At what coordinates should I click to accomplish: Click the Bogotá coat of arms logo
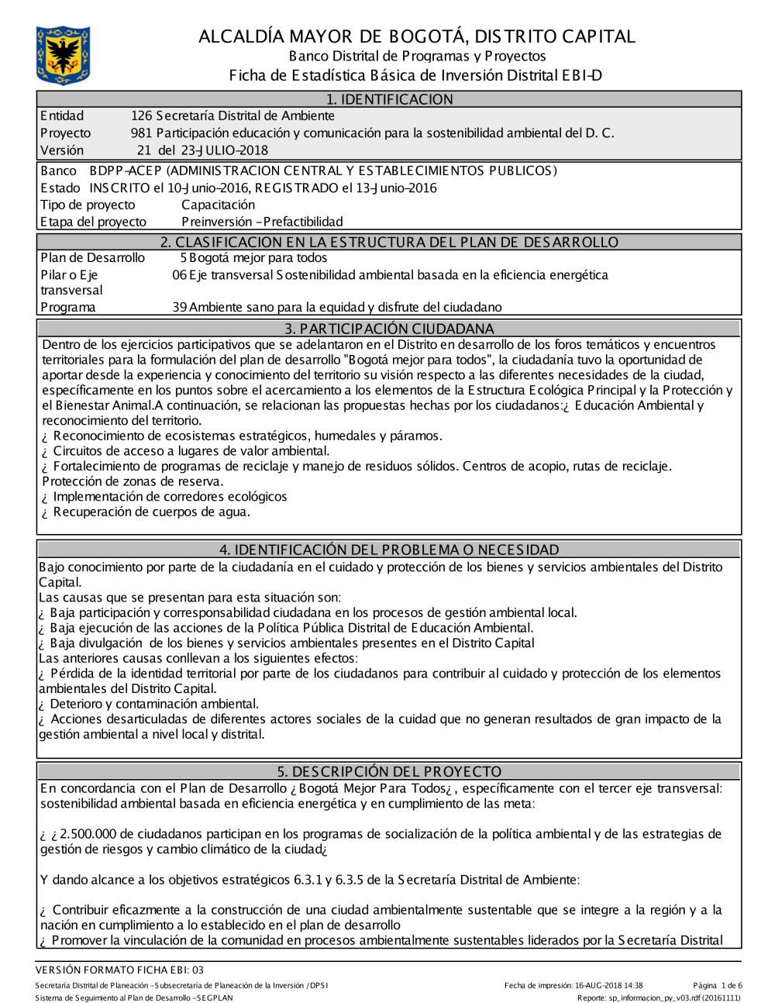[x=63, y=55]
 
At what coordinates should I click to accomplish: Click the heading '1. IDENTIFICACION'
[x=389, y=99]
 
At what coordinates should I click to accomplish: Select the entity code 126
[x=141, y=116]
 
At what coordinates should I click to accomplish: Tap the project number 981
[x=141, y=133]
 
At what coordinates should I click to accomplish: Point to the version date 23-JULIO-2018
[x=225, y=150]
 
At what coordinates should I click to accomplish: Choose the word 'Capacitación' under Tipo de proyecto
[x=218, y=205]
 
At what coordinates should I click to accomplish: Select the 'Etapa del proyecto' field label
[x=93, y=222]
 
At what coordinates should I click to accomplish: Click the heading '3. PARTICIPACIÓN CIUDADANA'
[x=389, y=329]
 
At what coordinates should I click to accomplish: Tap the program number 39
[x=179, y=308]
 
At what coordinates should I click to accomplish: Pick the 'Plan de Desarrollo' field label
[x=92, y=258]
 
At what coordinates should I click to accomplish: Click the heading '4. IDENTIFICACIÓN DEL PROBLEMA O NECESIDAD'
[x=389, y=550]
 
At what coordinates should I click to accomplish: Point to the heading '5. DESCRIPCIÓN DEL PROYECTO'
[x=389, y=772]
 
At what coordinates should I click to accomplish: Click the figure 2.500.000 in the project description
[x=88, y=834]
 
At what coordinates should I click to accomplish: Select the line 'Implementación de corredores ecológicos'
[x=170, y=497]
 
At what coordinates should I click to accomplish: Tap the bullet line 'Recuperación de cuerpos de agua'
[x=151, y=512]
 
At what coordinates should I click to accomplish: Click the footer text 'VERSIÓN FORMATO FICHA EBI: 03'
[x=119, y=970]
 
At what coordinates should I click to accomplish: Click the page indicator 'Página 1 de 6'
[x=718, y=986]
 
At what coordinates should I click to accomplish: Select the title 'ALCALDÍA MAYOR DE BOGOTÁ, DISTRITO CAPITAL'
[x=416, y=36]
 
